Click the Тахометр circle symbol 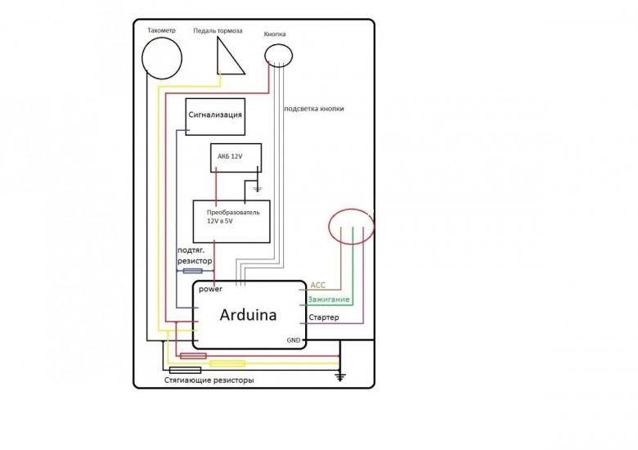pyautogui.click(x=142, y=58)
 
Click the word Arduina pyautogui.click(x=248, y=315)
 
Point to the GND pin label pyautogui.click(x=294, y=340)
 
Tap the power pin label pyautogui.click(x=210, y=290)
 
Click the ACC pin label pyautogui.click(x=318, y=286)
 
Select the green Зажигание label pyautogui.click(x=328, y=299)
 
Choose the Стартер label pyautogui.click(x=323, y=317)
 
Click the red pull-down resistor pyautogui.click(x=193, y=356)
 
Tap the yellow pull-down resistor pyautogui.click(x=227, y=363)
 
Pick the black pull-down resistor pyautogui.click(x=185, y=370)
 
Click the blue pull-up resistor pyautogui.click(x=193, y=271)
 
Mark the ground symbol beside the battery pyautogui.click(x=257, y=188)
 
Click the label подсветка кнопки pyautogui.click(x=314, y=109)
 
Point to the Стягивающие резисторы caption pyautogui.click(x=209, y=380)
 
